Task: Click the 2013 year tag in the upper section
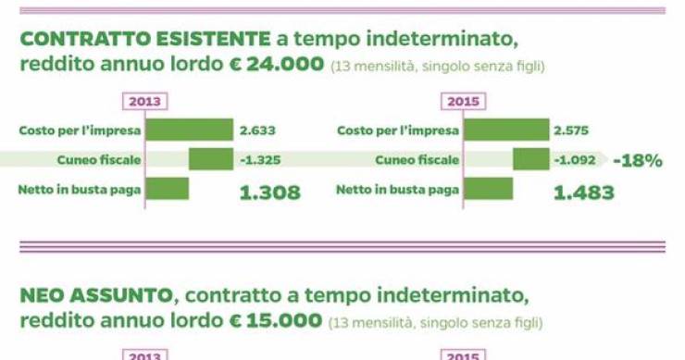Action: point(144,101)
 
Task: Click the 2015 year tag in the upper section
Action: point(463,101)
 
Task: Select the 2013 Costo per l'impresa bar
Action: point(189,130)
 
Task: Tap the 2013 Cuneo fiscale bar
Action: point(211,159)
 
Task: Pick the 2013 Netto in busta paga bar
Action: point(167,190)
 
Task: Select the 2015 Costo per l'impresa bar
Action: point(506,130)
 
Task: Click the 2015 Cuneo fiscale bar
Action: point(530,159)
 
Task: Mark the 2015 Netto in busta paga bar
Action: point(488,190)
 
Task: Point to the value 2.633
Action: point(257,130)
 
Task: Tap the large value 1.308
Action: point(269,192)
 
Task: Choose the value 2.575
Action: point(571,130)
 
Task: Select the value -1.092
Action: point(574,160)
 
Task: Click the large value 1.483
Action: point(583,192)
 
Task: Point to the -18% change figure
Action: point(638,160)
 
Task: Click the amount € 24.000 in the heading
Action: point(276,66)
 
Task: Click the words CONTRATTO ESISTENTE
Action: point(144,40)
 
